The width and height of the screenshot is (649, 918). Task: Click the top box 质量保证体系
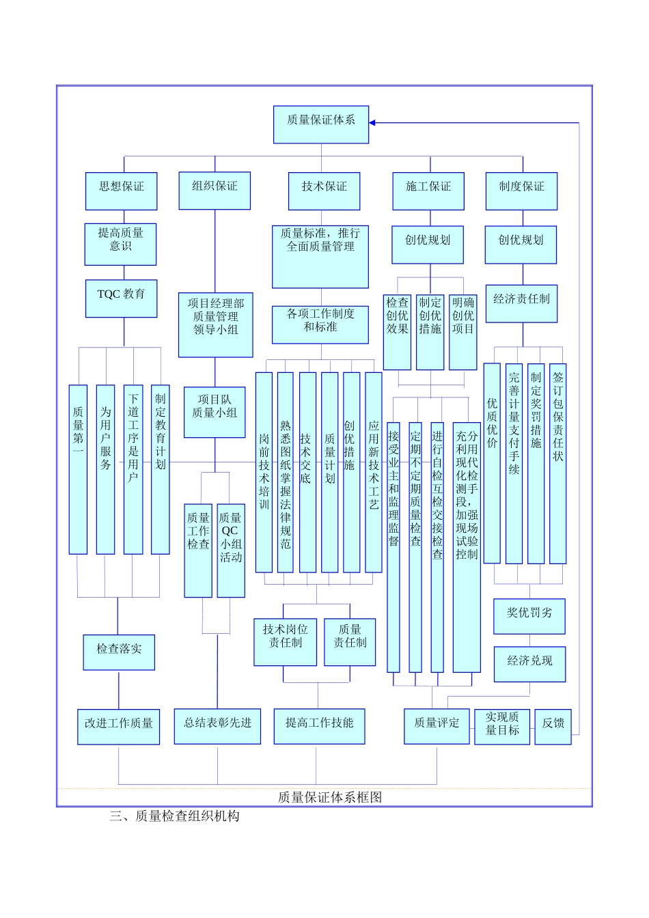click(321, 124)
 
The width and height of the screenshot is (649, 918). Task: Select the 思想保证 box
click(122, 191)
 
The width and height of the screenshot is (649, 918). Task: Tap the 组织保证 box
click(215, 191)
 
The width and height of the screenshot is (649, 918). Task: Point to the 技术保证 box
click(324, 191)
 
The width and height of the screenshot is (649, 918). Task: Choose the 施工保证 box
click(428, 191)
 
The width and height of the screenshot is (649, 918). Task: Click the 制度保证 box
click(521, 191)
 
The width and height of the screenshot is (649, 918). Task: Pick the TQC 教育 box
click(122, 298)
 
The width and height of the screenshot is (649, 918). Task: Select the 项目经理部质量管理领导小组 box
click(215, 325)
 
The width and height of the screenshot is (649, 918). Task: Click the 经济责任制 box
click(521, 303)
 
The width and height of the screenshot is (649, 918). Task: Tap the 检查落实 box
click(120, 652)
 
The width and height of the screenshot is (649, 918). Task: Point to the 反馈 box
click(553, 726)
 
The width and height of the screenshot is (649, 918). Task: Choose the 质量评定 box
click(437, 726)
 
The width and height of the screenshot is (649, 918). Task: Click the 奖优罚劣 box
click(529, 616)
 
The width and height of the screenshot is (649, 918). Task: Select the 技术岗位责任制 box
click(286, 641)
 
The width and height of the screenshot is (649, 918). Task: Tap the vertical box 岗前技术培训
click(264, 472)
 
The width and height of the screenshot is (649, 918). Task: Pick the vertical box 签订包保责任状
click(558, 463)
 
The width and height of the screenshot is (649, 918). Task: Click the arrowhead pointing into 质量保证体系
click(373, 123)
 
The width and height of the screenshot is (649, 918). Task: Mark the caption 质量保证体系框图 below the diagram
click(330, 797)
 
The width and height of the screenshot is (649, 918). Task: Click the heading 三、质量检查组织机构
click(174, 816)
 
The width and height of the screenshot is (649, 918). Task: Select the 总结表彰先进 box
click(217, 726)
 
